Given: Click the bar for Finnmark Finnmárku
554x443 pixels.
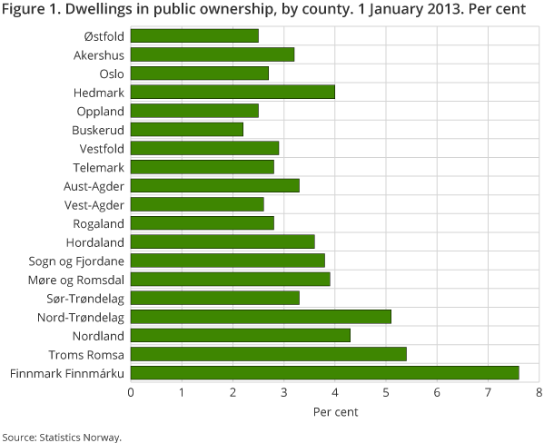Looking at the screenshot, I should (324, 372).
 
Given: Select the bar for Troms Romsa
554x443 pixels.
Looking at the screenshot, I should (268, 354).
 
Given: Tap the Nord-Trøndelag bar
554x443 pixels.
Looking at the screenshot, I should (261, 317).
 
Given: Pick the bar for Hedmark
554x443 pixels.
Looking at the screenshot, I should (232, 92).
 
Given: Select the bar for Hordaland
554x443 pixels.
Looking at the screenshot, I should (223, 241).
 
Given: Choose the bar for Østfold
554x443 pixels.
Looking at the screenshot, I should (194, 35).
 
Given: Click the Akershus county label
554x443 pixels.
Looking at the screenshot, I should (99, 54).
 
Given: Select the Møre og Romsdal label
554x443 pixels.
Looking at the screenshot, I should (79, 279).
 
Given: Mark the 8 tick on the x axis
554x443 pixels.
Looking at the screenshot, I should (539, 392).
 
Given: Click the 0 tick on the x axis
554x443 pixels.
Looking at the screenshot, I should (131, 392).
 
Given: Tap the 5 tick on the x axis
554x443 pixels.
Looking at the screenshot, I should (386, 392).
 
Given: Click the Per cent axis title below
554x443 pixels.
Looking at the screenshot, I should (335, 411).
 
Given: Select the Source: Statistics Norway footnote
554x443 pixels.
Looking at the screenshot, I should (61, 437).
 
